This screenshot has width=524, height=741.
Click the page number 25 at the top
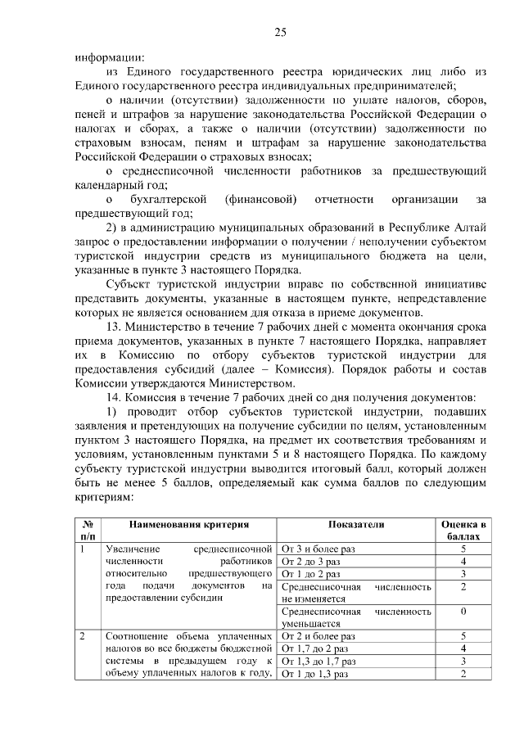pyautogui.click(x=280, y=32)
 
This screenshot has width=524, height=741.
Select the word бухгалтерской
pyautogui.click(x=167, y=200)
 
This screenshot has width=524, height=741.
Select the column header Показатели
pyautogui.click(x=356, y=525)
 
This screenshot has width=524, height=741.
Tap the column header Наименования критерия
pyautogui.click(x=187, y=525)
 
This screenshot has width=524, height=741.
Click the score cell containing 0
pyautogui.click(x=463, y=612)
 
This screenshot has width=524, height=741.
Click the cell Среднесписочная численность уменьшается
pyautogui.click(x=356, y=617)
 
